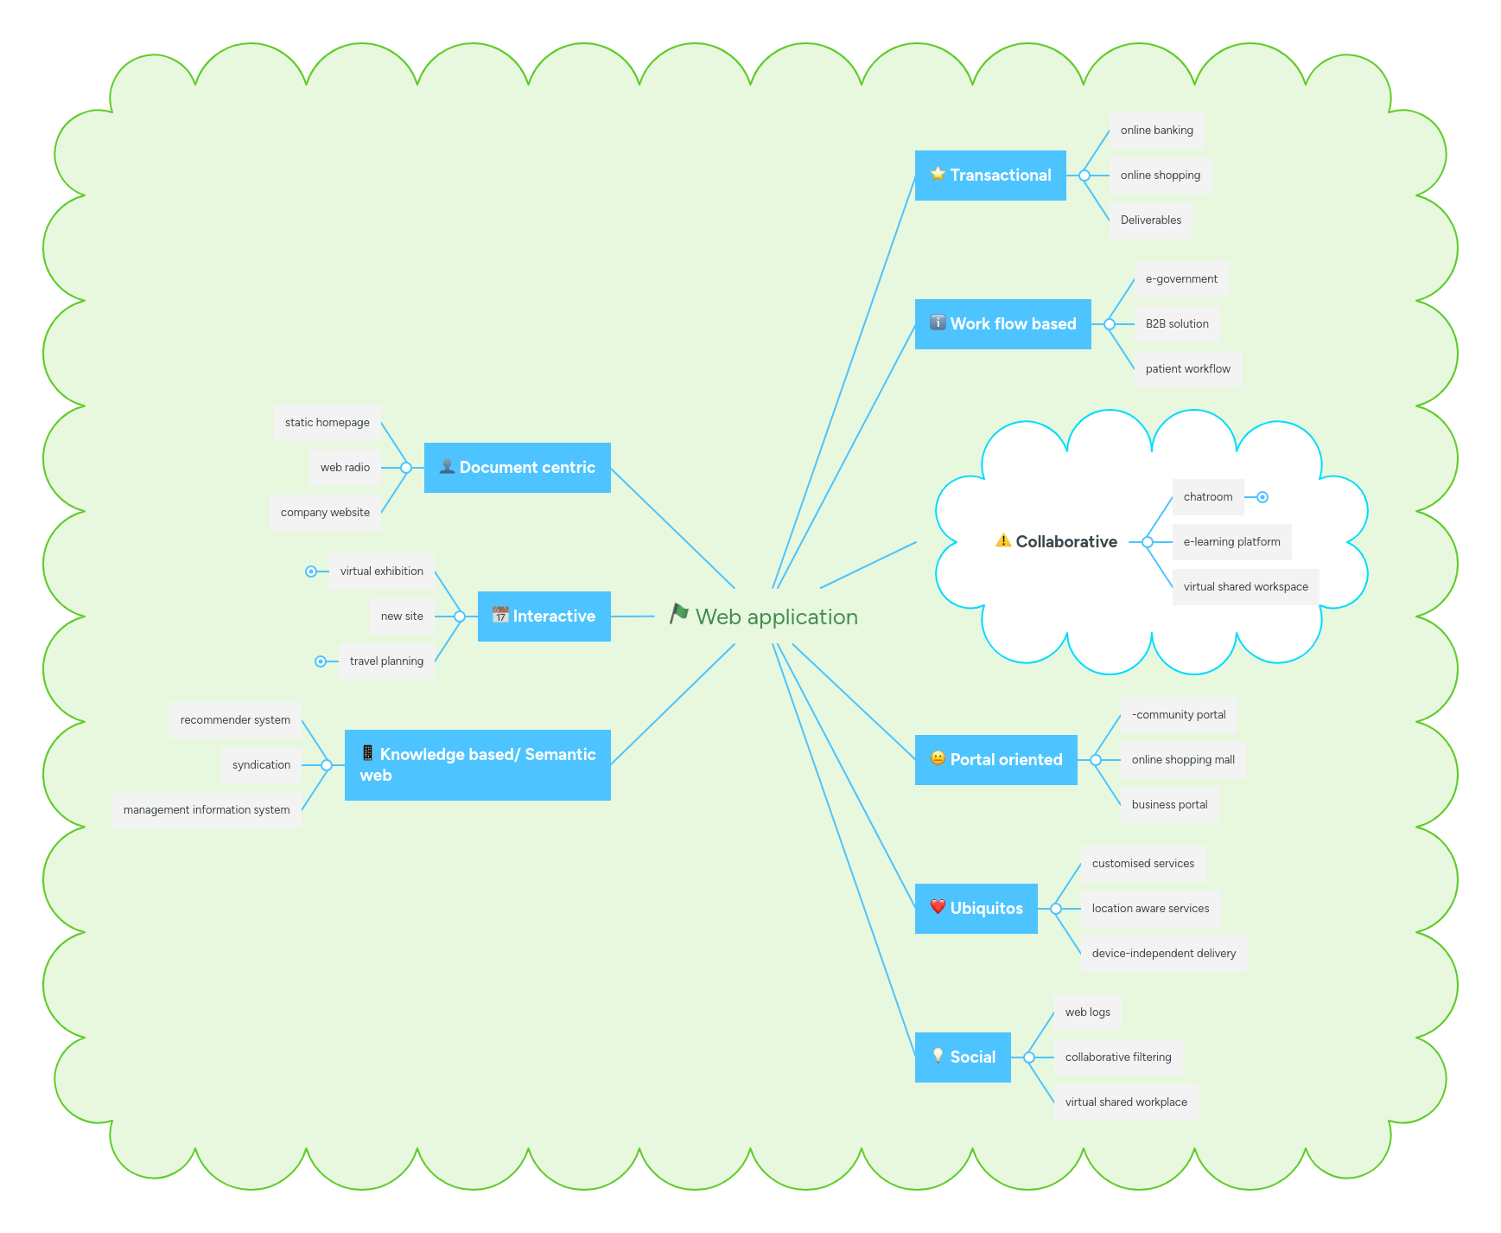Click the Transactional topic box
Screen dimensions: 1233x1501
(x=989, y=176)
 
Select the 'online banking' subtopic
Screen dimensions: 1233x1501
(x=1156, y=131)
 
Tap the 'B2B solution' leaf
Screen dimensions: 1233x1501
(x=1176, y=324)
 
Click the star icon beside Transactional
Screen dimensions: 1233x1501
(x=938, y=174)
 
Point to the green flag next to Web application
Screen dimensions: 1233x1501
(x=679, y=614)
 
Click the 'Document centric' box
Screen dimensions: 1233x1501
(x=517, y=468)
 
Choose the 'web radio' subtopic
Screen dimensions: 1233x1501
(x=345, y=468)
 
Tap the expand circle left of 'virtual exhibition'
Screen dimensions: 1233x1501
(x=311, y=572)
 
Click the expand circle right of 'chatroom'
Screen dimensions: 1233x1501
(x=1262, y=497)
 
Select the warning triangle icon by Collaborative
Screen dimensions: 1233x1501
(x=1003, y=540)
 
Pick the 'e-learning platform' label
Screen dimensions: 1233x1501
(x=1231, y=542)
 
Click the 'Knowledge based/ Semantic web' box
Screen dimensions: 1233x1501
(x=477, y=765)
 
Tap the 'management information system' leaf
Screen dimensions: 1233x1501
(x=207, y=810)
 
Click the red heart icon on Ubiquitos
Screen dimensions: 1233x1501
(x=938, y=907)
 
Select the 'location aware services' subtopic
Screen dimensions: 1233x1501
(x=1150, y=909)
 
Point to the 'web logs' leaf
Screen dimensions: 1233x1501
(x=1087, y=1013)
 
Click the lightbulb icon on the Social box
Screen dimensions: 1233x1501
(x=938, y=1056)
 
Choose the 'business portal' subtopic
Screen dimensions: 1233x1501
(x=1169, y=805)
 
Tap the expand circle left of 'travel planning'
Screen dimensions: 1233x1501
(x=321, y=661)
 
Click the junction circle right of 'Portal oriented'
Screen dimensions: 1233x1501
(x=1096, y=760)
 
